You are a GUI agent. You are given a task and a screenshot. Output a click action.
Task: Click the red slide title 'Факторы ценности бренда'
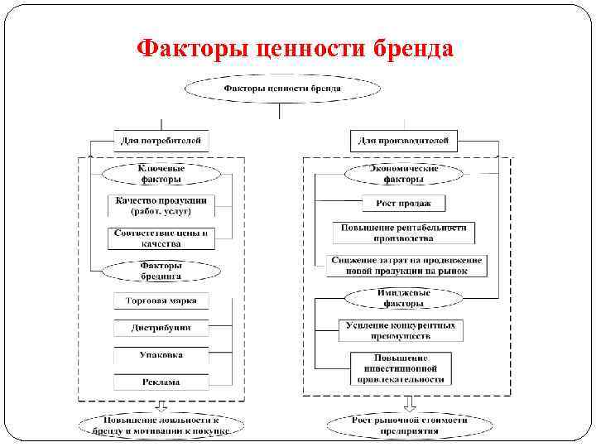296,48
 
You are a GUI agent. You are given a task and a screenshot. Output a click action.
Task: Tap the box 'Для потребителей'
161,140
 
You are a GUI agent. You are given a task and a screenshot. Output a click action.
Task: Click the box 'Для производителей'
402,140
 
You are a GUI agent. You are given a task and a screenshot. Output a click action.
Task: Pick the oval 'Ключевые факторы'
161,173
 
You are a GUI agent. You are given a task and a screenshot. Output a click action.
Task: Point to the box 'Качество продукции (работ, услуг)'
161,205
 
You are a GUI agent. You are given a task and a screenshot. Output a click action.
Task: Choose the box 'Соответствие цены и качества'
161,238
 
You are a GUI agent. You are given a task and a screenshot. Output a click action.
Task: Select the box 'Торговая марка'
161,300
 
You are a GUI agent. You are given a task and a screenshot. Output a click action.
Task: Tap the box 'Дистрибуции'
161,328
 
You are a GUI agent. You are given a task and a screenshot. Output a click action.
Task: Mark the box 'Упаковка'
161,355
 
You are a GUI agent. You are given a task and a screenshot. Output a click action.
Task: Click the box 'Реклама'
161,382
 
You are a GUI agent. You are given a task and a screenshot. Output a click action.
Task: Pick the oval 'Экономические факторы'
403,173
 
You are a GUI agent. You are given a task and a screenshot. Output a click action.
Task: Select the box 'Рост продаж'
403,203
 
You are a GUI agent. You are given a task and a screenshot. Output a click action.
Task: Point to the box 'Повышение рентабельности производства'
404,233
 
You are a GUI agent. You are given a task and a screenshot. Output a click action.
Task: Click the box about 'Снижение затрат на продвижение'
406,265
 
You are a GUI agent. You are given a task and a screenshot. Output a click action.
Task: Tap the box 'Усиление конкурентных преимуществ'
401,330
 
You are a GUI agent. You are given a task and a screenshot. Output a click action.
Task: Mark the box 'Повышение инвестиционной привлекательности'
401,368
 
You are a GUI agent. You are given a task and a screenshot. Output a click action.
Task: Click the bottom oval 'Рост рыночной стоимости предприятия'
409,425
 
